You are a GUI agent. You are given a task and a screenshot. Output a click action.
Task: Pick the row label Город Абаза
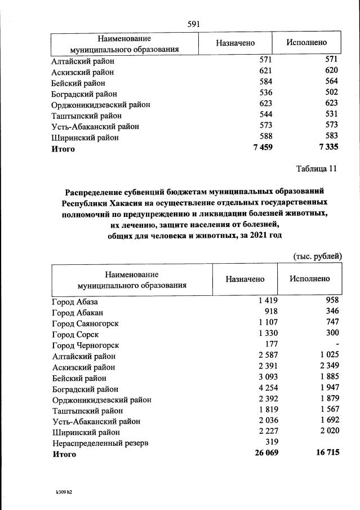(x=75, y=301)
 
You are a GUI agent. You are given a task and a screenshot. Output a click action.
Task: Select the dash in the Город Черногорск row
(x=337, y=345)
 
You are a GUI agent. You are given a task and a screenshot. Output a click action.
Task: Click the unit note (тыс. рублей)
(x=318, y=256)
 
